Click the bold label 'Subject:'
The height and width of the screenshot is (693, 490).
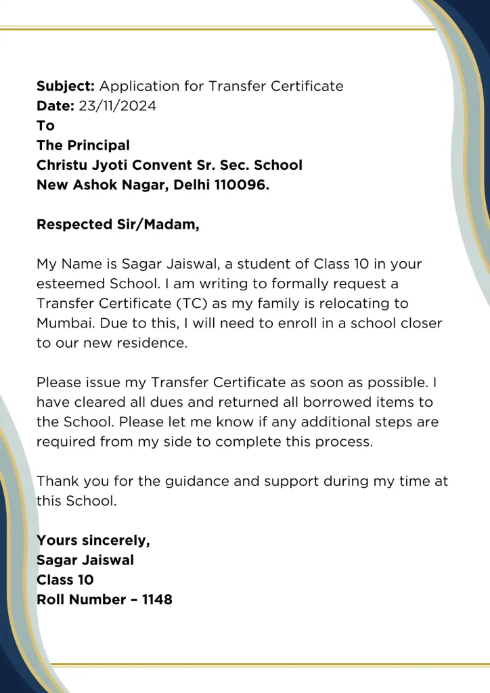tap(66, 87)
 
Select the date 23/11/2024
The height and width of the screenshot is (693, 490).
tap(117, 106)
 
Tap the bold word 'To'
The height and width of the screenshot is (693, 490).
tap(45, 126)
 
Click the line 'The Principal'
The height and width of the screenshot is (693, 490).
tap(83, 146)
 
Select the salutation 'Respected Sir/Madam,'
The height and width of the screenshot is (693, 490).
tap(118, 225)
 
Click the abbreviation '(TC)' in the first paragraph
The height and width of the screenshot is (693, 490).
tap(192, 303)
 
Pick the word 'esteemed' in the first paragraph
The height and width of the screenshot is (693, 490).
tap(67, 284)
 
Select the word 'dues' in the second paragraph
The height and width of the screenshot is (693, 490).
tap(168, 402)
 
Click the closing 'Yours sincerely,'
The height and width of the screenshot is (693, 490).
tap(93, 541)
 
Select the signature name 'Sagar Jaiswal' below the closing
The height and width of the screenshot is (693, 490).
tap(85, 560)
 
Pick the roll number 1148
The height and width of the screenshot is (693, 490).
tap(157, 600)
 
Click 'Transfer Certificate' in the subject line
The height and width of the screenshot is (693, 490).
tap(275, 87)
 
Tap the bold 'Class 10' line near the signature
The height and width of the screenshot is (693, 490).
tap(65, 580)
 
